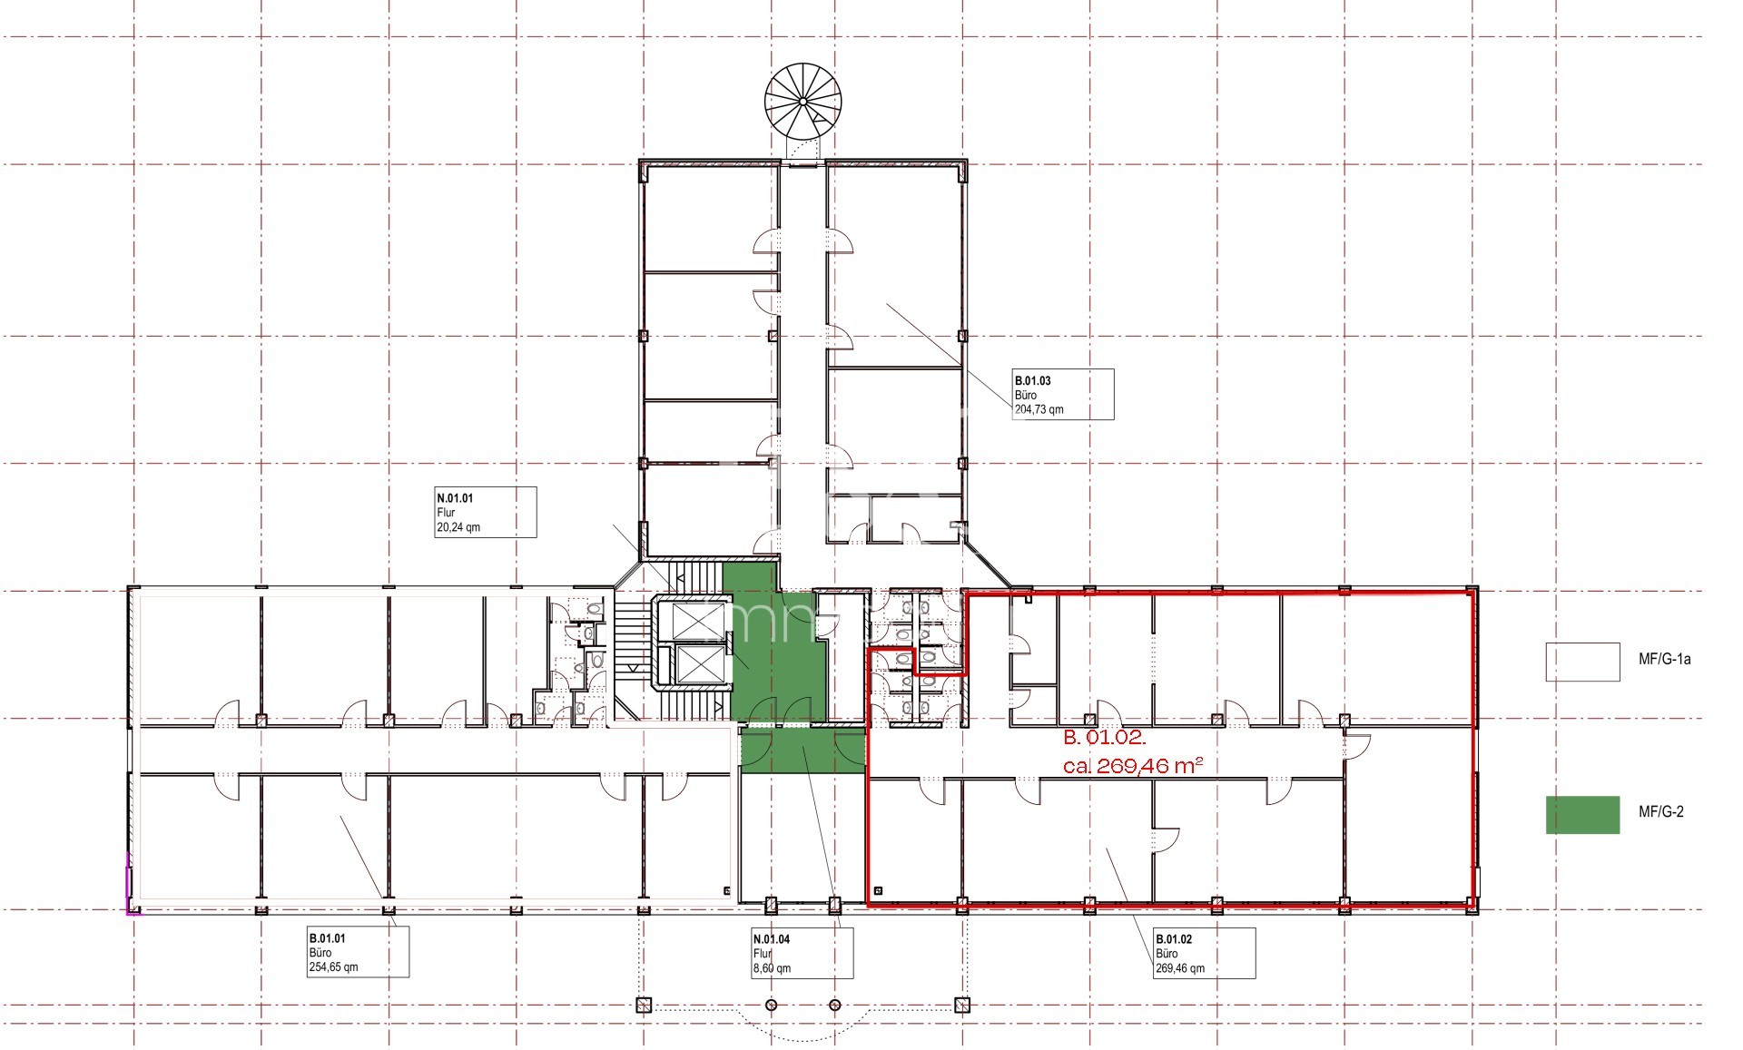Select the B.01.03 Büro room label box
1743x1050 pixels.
coord(1063,395)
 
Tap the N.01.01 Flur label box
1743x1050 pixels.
coord(485,512)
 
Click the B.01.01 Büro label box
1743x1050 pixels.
coord(358,952)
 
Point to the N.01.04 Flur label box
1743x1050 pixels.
coord(802,953)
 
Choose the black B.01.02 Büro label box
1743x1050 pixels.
coord(1204,953)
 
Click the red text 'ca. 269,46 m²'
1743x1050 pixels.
coord(1133,766)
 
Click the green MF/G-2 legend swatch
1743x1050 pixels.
coord(1582,814)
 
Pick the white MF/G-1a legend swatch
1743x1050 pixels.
coord(1582,662)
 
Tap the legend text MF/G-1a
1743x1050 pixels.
coord(1664,660)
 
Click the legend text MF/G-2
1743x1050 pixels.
coord(1660,811)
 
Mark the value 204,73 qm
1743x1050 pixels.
coord(1039,409)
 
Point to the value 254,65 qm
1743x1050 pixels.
coord(333,967)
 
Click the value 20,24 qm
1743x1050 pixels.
coord(458,526)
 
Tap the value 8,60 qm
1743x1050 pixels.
coord(772,967)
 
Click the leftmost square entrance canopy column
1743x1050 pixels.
coord(644,1005)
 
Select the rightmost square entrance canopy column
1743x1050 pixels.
coord(962,1005)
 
